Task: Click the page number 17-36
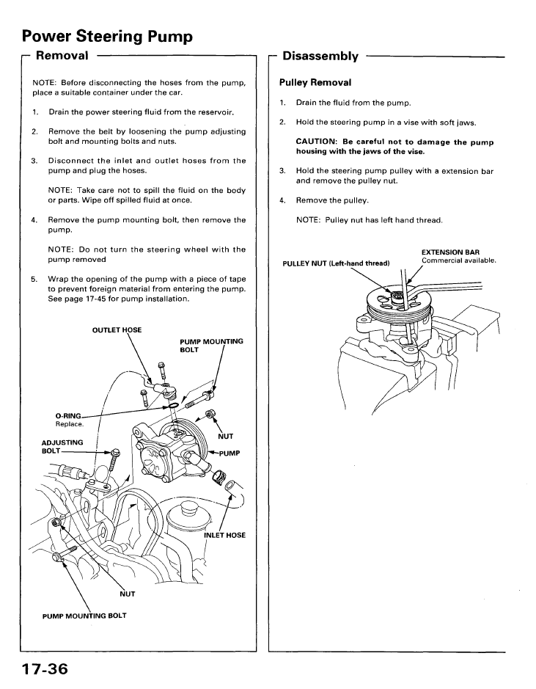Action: pyautogui.click(x=45, y=669)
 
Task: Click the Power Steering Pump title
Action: pyautogui.click(x=107, y=37)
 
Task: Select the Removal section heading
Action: pyautogui.click(x=62, y=55)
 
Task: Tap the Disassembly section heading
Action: pyautogui.click(x=320, y=56)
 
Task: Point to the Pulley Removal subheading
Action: pyautogui.click(x=315, y=83)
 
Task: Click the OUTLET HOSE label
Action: pyautogui.click(x=117, y=330)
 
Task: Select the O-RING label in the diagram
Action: pyautogui.click(x=68, y=416)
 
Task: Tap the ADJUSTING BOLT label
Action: pyautogui.click(x=62, y=446)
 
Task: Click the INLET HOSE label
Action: pyautogui.click(x=225, y=535)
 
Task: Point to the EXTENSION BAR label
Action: pyautogui.click(x=450, y=252)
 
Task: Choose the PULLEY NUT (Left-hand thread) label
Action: pyautogui.click(x=336, y=263)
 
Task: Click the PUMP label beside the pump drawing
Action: pyautogui.click(x=230, y=453)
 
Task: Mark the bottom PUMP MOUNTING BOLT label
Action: pyautogui.click(x=84, y=616)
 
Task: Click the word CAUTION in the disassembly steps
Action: pyautogui.click(x=316, y=142)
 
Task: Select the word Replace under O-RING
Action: pyautogui.click(x=70, y=424)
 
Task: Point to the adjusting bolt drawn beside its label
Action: pyautogui.click(x=114, y=459)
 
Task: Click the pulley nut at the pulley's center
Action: pyautogui.click(x=397, y=295)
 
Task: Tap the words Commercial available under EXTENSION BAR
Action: pyautogui.click(x=459, y=260)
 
